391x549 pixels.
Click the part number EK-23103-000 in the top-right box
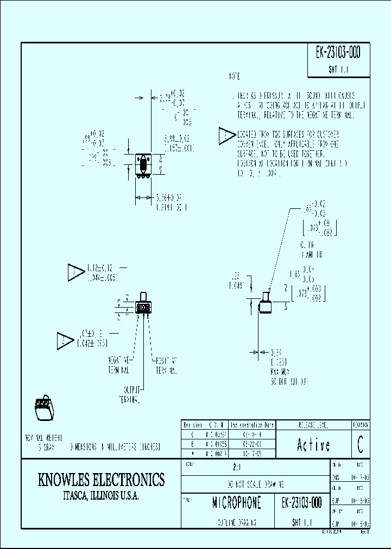point(338,53)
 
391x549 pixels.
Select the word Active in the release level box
point(313,445)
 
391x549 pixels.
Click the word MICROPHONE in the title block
point(236,503)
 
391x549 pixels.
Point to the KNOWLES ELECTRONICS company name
point(101,480)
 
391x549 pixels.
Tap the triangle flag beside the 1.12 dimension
point(74,272)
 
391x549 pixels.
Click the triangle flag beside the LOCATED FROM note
point(225,137)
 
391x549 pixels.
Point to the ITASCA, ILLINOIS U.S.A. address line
point(101,496)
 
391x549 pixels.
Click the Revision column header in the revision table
point(193,425)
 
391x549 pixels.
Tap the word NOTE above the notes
point(234,77)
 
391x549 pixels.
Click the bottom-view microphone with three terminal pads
point(143,307)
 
